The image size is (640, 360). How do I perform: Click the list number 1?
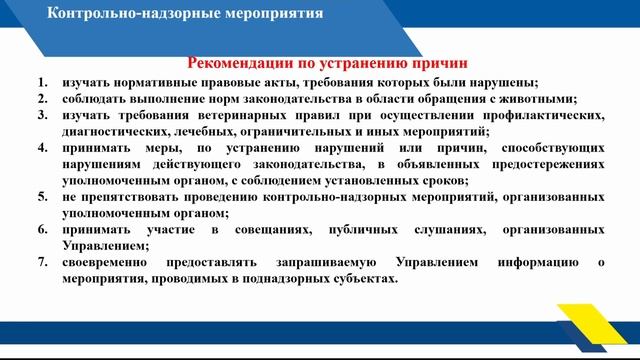(42, 82)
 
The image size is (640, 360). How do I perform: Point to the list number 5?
(42, 197)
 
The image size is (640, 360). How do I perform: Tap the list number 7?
(42, 262)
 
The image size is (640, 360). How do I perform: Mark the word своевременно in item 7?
(104, 262)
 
